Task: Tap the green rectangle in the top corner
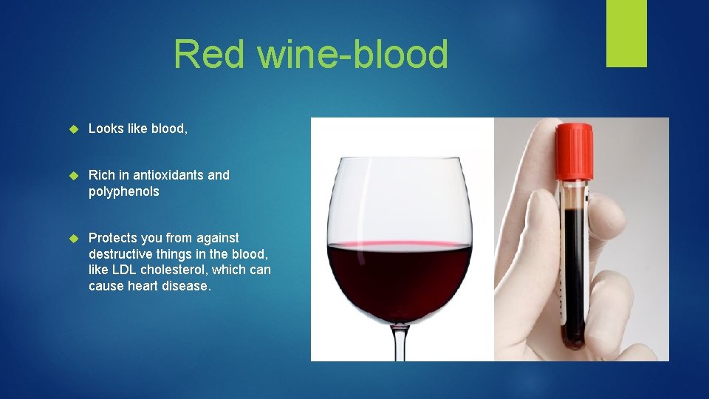[x=626, y=33]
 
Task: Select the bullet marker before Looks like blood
[x=72, y=129]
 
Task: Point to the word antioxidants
[x=170, y=175]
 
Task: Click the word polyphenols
[x=123, y=191]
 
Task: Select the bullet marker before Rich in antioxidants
[x=72, y=176]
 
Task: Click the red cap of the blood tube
[x=575, y=152]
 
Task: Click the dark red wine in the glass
[x=400, y=277]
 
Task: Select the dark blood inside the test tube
[x=572, y=266]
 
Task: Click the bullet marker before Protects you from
[x=72, y=239]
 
